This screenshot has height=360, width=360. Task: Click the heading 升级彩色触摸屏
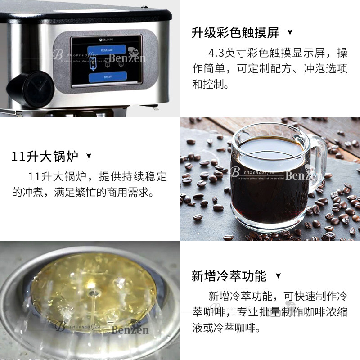[x=235, y=33]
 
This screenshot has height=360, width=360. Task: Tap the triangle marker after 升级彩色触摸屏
[x=290, y=33]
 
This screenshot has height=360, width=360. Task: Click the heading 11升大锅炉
[x=45, y=157]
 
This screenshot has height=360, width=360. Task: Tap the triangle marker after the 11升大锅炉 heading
[x=89, y=156]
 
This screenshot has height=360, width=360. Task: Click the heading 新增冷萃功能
[x=229, y=276]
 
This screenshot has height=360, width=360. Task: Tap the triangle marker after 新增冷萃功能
[x=278, y=276]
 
